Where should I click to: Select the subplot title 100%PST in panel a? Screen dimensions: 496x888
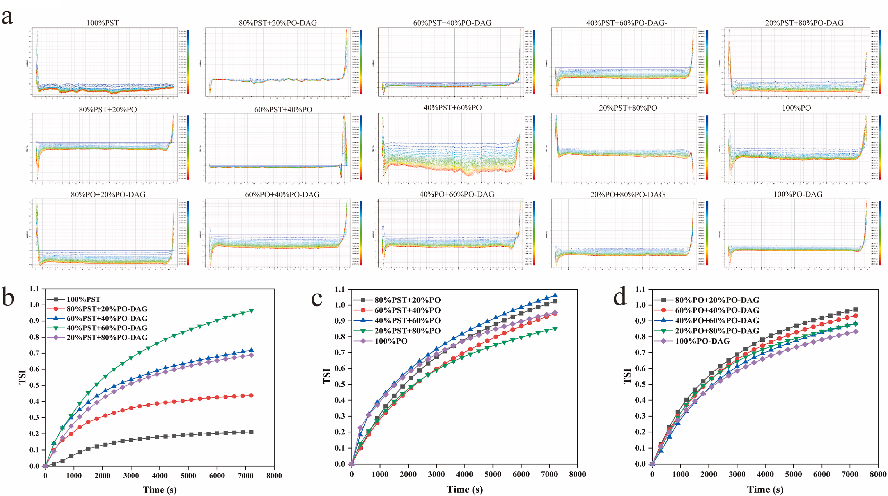102,23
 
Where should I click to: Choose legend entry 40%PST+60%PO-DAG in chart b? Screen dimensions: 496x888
107,328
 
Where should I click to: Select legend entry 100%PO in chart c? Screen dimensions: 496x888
391,341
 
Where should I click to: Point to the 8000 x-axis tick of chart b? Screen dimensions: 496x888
274,476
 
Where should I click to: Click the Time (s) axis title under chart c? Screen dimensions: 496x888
464,490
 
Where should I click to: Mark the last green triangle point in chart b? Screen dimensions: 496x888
251,311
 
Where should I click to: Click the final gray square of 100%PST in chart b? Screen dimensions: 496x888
251,432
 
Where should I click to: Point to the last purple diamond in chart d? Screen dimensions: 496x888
856,331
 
